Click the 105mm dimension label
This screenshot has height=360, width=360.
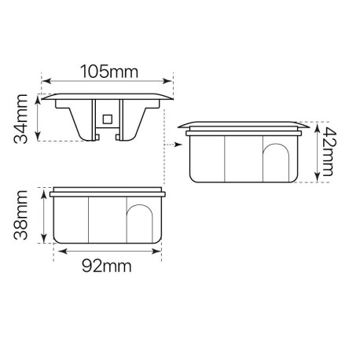(x=107, y=72)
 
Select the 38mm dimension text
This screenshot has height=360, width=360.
(x=22, y=214)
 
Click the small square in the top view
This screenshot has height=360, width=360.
(x=108, y=119)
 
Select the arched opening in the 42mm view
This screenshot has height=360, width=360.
(x=276, y=160)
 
